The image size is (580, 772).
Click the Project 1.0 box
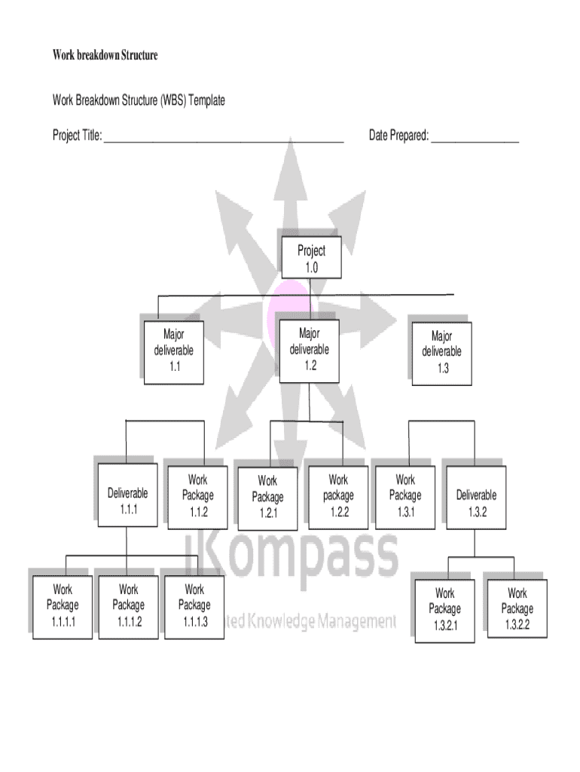coord(311,258)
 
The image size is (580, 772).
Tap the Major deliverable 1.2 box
coord(309,350)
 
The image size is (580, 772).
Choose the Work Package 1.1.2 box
coord(197,495)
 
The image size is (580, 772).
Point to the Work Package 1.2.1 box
coord(267,498)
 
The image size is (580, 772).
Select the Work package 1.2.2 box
coord(338,495)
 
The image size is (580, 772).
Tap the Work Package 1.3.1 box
coord(404,495)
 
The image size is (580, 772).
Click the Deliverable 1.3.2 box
coord(476,495)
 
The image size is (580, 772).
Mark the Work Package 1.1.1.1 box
coord(63,605)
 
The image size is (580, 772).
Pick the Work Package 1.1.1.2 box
coord(129,605)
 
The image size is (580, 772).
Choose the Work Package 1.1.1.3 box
coord(194,605)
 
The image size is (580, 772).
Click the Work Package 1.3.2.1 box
coord(444,609)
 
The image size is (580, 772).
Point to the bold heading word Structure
coord(136,55)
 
